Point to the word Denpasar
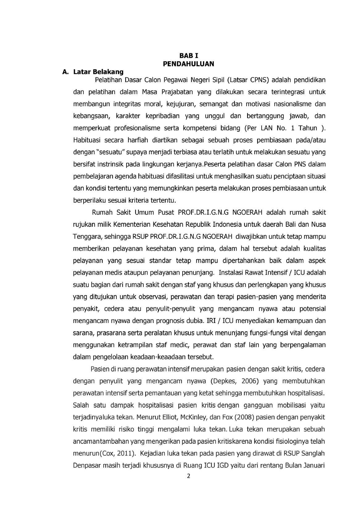click(x=86, y=466)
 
